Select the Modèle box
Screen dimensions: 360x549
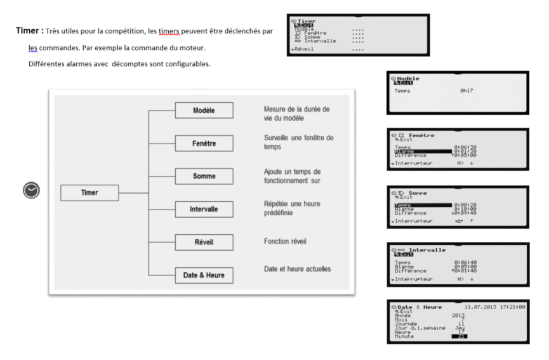(204, 110)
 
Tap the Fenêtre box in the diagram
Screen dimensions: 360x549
(204, 143)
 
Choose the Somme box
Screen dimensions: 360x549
(204, 177)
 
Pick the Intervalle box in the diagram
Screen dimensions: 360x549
(204, 209)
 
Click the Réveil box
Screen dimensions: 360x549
(204, 242)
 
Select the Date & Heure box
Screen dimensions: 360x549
(204, 274)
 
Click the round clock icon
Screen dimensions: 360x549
(31, 190)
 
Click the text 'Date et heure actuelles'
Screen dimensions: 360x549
(297, 269)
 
